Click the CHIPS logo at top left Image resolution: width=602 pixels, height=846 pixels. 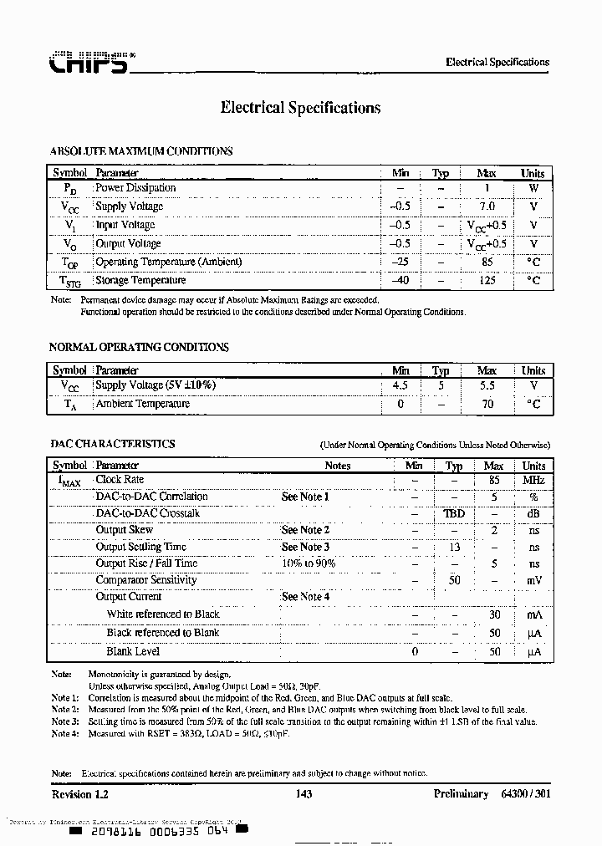pos(89,64)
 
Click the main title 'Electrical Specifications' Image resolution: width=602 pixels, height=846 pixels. pos(300,108)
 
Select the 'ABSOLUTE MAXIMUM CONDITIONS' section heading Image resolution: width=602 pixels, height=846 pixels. pos(141,151)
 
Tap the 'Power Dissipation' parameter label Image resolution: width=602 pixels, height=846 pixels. pos(135,188)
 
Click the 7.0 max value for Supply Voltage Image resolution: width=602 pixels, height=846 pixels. pos(487,206)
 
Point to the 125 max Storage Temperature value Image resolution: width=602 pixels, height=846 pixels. pos(487,280)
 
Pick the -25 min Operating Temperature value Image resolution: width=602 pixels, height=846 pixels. pos(400,262)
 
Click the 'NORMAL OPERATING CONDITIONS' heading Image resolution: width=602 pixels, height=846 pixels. pos(139,347)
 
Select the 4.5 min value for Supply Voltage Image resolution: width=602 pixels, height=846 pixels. pos(400,385)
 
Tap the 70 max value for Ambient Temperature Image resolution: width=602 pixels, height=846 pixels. pos(487,404)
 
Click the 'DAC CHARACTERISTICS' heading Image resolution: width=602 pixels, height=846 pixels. pos(113,444)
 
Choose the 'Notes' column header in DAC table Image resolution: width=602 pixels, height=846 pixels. pos(337,466)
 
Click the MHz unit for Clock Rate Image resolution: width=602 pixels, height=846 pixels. pos(533,481)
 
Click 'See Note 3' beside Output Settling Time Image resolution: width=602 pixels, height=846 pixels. pos(305,547)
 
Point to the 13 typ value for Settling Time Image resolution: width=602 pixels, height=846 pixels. pos(454,547)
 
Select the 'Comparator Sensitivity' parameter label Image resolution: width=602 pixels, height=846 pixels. pos(146,580)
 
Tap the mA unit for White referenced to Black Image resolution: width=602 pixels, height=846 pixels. pos(533,614)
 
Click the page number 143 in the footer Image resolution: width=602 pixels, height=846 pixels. pos(304,793)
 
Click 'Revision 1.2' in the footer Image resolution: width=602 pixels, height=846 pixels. pos(80,793)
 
